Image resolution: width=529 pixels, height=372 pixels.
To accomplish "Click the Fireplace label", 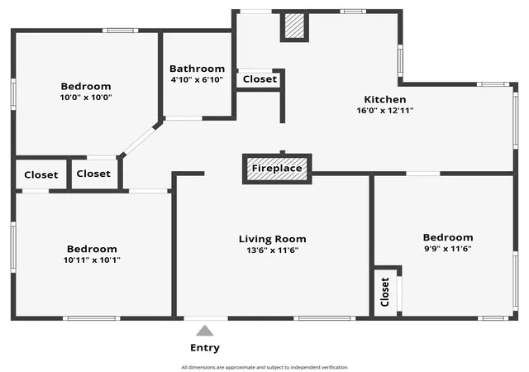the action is coord(277,168).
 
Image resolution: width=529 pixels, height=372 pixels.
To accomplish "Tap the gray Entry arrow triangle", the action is coord(205,331).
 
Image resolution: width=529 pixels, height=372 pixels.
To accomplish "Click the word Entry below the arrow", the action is coord(205,348).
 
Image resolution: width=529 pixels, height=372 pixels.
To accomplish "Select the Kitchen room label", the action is coord(385,99).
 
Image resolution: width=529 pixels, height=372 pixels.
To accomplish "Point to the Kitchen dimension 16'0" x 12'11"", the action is coord(385,111).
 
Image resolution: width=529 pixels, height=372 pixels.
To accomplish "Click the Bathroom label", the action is coord(197,69).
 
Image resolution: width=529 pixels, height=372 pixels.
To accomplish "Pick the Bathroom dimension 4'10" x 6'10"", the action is coord(197,79).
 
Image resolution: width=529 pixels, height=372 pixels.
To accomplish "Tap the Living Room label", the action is coord(273,239).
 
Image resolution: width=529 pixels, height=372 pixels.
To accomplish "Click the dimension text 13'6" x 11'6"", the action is coord(273,250).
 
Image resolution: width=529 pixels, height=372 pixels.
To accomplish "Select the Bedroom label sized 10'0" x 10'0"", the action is coord(86,86).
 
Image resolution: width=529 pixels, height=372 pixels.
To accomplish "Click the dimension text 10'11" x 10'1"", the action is coord(92,260).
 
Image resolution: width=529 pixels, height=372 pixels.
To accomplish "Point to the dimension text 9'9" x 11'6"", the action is coord(448,249).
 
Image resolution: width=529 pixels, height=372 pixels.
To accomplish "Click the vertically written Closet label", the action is coord(385,292).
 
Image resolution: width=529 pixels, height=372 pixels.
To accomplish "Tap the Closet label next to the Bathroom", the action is coord(260,79).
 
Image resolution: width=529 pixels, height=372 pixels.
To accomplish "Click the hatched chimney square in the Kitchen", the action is coord(294,26).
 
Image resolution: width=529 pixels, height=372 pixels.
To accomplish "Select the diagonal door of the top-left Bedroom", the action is coord(141,141).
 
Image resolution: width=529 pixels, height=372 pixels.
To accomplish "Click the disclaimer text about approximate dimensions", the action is coord(264,367).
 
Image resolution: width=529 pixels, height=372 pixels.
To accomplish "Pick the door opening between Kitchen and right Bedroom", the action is coord(423,174).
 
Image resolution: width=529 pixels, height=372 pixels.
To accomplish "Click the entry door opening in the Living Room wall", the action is coord(206,318).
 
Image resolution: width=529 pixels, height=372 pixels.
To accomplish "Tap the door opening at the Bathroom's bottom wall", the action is coord(183,118).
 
